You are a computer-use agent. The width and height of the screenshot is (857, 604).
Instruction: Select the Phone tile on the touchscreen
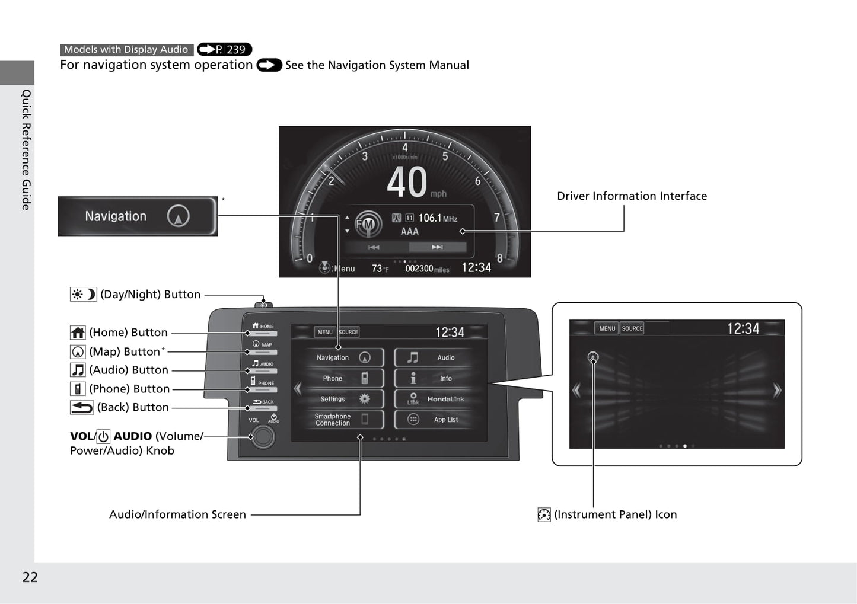345,378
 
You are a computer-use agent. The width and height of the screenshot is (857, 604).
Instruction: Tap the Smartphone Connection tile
345,419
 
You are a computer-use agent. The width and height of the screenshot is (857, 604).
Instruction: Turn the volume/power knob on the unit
263,437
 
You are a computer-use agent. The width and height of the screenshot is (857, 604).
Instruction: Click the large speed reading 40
407,182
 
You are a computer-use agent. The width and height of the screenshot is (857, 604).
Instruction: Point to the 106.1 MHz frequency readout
438,218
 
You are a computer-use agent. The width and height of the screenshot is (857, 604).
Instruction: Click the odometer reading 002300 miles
427,269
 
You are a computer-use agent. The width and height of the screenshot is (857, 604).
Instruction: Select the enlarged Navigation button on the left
138,216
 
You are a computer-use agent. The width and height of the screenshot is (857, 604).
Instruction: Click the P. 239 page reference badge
225,49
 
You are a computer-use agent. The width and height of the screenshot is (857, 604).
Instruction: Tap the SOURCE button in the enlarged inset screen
632,328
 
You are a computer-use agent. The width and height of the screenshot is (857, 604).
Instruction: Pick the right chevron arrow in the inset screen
777,390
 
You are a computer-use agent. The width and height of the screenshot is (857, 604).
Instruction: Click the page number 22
30,577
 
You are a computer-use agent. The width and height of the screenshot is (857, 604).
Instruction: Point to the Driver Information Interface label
632,196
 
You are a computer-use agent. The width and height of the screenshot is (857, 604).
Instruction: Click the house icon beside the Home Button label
78,333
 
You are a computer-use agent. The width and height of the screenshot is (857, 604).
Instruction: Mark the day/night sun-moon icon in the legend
84,295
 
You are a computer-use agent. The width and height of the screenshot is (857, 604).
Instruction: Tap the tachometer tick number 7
496,218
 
